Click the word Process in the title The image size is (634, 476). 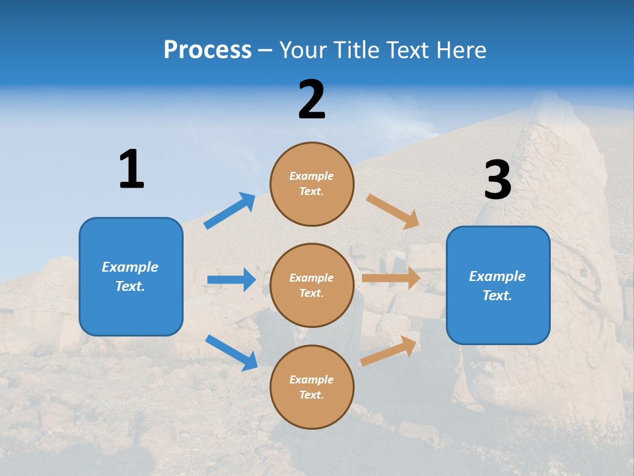(x=207, y=50)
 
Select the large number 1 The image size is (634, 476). (x=131, y=169)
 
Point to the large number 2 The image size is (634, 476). (x=312, y=100)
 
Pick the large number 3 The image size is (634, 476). (x=497, y=180)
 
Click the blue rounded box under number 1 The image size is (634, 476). (x=131, y=276)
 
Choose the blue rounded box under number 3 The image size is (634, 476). (x=498, y=285)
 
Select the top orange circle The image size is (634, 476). (x=312, y=184)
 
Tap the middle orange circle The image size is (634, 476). (x=312, y=285)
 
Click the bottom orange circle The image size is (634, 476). (x=312, y=387)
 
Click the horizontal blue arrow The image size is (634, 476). (x=232, y=280)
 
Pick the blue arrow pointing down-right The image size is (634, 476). (x=232, y=352)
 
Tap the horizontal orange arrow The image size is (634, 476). (x=391, y=278)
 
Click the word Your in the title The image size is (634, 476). (x=301, y=50)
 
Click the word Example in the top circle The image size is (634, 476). (x=311, y=176)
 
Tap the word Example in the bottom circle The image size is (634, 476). (x=311, y=379)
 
